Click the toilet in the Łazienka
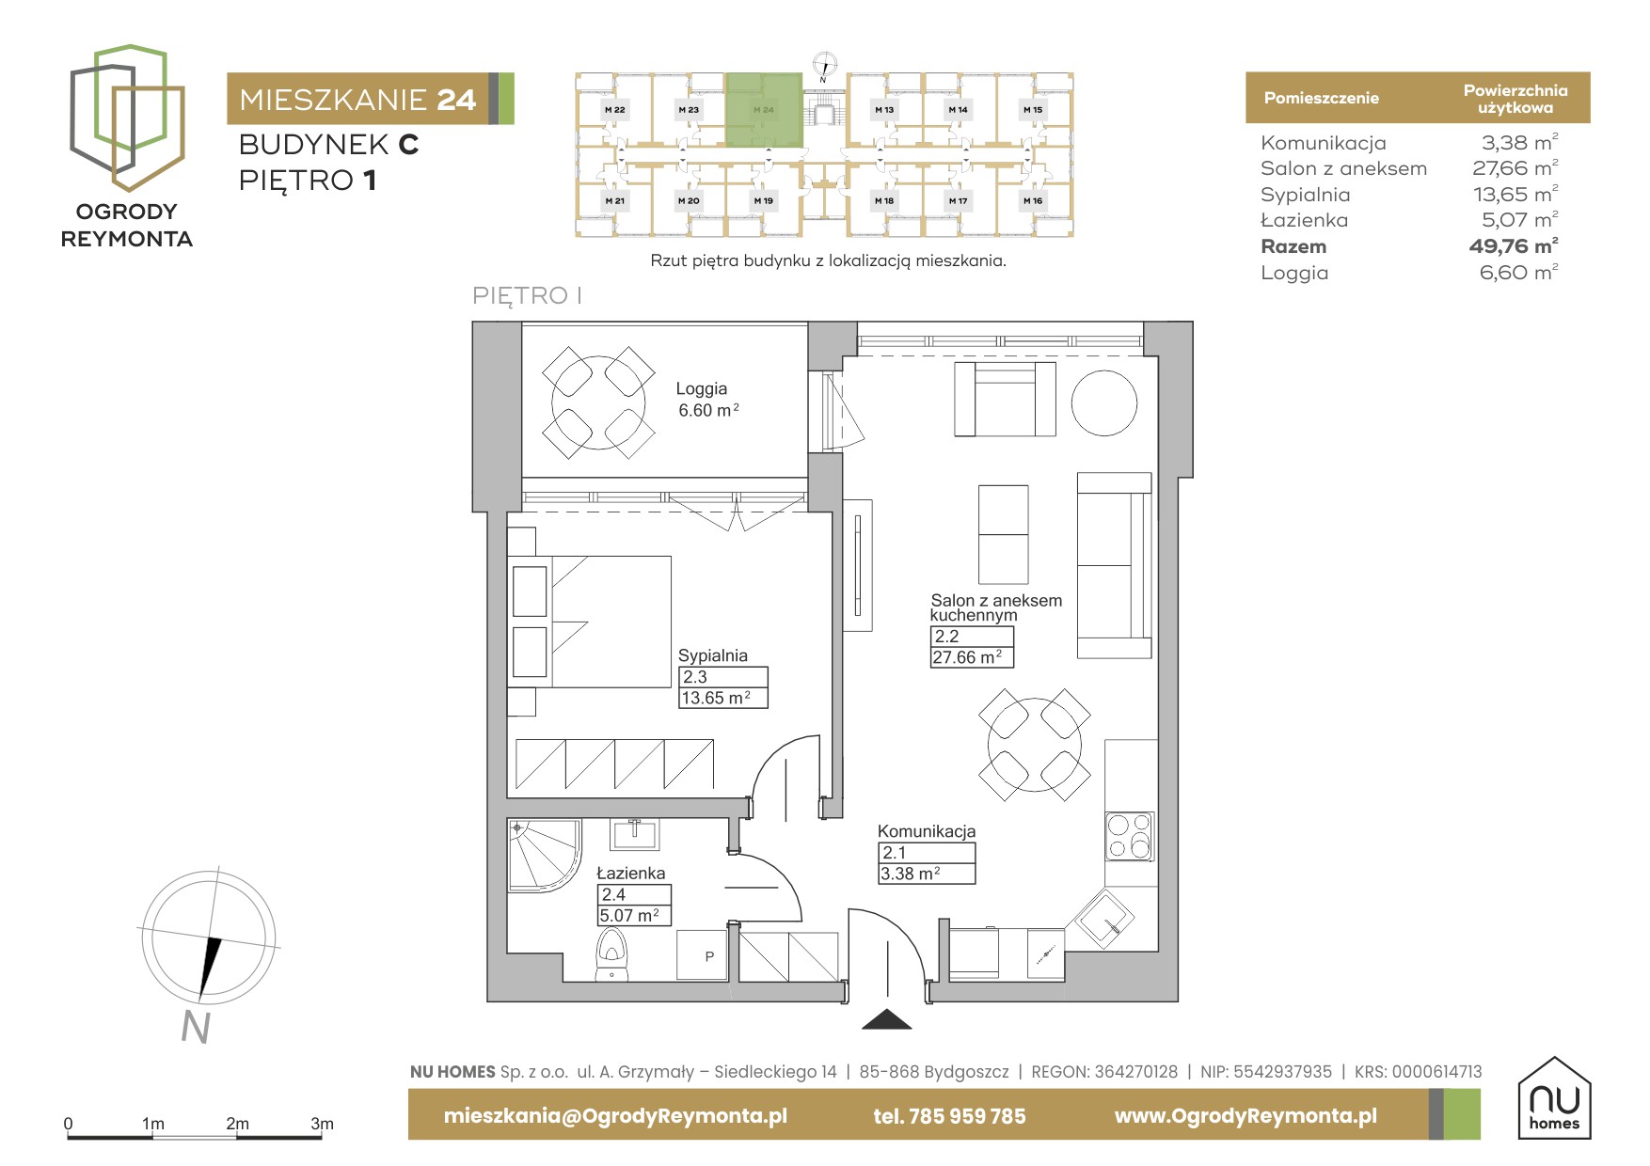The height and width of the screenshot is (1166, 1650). (611, 954)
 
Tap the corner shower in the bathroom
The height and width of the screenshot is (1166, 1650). (543, 855)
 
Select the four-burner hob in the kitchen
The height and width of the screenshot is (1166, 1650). (1129, 836)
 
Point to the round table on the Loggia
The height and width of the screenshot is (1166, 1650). (598, 402)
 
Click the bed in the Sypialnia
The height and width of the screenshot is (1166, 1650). (590, 622)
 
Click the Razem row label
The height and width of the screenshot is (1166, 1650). (1293, 246)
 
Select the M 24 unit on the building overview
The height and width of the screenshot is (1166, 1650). (764, 110)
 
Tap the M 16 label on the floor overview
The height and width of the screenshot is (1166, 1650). (1033, 200)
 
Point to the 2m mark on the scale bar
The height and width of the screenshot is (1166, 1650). (237, 1124)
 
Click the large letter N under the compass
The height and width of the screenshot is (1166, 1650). (195, 1027)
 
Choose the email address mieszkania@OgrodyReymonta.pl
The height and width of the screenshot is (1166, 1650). (615, 1116)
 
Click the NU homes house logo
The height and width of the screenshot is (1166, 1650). (1554, 1097)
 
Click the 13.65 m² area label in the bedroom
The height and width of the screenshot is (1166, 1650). (716, 698)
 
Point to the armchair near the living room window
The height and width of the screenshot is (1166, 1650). (1005, 399)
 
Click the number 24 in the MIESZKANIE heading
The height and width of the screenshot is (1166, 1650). (456, 100)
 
